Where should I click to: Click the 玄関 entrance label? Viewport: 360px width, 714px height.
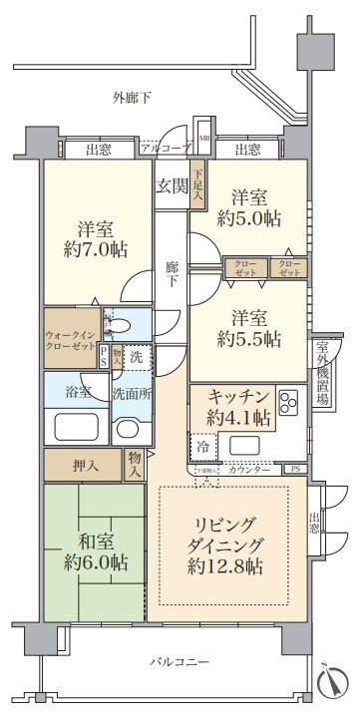(173, 185)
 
